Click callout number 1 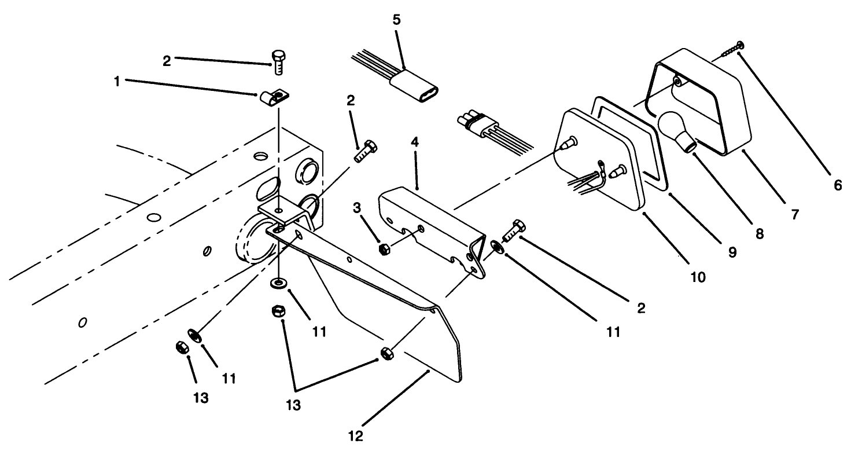click(x=117, y=82)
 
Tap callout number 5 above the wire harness click(x=396, y=19)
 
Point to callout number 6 click(x=838, y=185)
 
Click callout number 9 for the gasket click(x=731, y=252)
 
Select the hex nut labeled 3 click(x=382, y=250)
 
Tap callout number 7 click(x=794, y=215)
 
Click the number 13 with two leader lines click(x=294, y=405)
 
